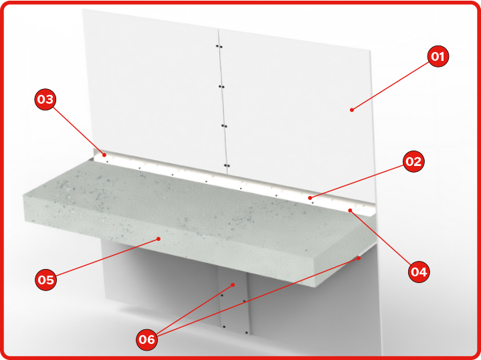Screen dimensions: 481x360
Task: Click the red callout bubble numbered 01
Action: click(438, 56)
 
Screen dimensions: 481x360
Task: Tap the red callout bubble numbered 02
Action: click(413, 161)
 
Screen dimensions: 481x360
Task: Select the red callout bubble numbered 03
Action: click(45, 100)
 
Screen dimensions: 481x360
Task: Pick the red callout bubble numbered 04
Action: click(419, 272)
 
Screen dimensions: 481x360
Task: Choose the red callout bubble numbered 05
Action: click(46, 280)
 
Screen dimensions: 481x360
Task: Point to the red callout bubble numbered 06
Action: click(147, 339)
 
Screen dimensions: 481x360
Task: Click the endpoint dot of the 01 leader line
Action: click(352, 110)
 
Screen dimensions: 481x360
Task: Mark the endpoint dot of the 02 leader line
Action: click(310, 198)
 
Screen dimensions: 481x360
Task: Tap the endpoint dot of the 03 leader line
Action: click(104, 155)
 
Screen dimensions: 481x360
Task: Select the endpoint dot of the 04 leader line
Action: click(350, 210)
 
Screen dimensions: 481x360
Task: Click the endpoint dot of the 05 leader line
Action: click(159, 239)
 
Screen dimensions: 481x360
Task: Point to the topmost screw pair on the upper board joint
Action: click(219, 47)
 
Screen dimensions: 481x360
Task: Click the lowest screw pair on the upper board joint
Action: click(227, 166)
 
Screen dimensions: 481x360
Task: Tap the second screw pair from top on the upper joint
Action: click(221, 86)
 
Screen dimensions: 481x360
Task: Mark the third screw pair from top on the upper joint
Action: click(224, 126)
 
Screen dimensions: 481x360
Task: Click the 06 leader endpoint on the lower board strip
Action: click(233, 285)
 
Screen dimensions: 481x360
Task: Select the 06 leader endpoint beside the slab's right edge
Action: click(359, 258)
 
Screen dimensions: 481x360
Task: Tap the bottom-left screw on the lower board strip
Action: click(224, 327)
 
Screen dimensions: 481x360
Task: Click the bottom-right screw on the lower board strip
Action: click(247, 332)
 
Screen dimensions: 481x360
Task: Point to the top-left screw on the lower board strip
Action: click(222, 295)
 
